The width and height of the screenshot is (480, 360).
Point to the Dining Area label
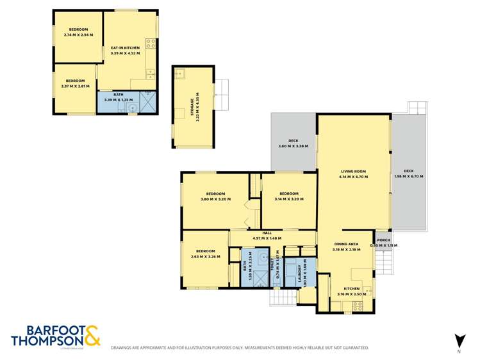pos(349,246)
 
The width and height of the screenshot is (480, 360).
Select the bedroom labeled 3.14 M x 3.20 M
pos(288,197)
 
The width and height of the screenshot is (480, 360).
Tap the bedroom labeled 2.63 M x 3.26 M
pos(206,254)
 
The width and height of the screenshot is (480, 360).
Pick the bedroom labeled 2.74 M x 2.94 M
pos(78,32)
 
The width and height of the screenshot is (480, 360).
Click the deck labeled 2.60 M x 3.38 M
pos(293,143)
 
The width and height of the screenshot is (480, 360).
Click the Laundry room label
pos(295,270)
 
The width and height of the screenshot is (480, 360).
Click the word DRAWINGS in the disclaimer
pos(124,348)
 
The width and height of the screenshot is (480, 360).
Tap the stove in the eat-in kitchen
pos(151,44)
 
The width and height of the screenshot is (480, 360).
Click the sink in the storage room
pos(179,73)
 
